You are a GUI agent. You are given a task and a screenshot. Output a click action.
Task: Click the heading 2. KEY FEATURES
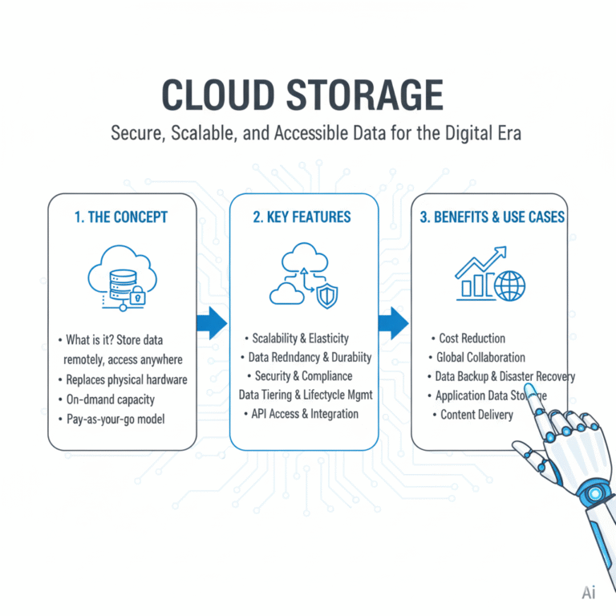[304, 217]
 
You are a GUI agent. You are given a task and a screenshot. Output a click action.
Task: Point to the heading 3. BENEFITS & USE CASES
[489, 217]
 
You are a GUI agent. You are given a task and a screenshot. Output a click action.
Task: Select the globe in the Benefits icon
[510, 286]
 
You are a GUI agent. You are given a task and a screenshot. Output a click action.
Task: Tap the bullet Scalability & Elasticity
[300, 338]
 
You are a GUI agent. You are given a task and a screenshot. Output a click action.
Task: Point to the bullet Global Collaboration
[480, 357]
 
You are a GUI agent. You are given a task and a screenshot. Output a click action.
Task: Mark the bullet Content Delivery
[476, 415]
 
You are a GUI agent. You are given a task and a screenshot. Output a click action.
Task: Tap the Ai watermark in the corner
[590, 594]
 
